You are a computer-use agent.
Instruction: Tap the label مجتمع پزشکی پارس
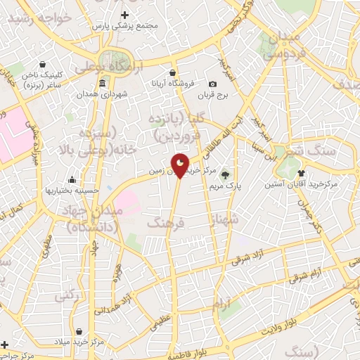point(124,25)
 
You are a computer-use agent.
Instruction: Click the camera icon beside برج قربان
point(214,84)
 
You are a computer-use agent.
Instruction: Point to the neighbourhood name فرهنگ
point(167,223)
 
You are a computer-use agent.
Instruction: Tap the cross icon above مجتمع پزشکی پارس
point(124,14)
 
